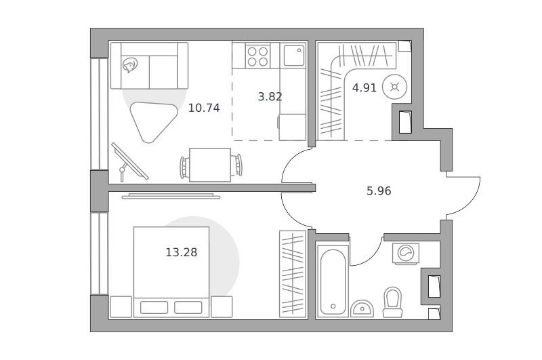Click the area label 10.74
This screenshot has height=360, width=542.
[204, 108]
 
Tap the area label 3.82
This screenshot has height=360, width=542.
[270, 96]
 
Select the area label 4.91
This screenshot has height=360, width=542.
[364, 88]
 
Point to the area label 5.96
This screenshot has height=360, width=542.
[379, 191]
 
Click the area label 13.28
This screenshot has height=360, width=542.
[182, 252]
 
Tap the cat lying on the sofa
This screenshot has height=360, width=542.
[129, 65]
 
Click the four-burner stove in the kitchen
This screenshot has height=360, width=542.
[258, 56]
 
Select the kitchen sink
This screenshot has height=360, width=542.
[294, 56]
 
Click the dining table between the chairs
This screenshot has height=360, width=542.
[210, 165]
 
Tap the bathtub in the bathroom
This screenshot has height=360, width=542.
[333, 281]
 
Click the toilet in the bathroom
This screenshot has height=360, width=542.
[393, 302]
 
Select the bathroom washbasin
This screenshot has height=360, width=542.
[362, 308]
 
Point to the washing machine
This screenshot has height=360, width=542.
[406, 254]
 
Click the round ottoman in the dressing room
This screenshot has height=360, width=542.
[394, 87]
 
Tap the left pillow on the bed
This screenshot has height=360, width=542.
[154, 307]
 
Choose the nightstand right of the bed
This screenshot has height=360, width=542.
[222, 306]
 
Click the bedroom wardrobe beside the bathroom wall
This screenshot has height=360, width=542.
[293, 274]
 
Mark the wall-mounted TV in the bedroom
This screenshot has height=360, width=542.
[171, 197]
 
